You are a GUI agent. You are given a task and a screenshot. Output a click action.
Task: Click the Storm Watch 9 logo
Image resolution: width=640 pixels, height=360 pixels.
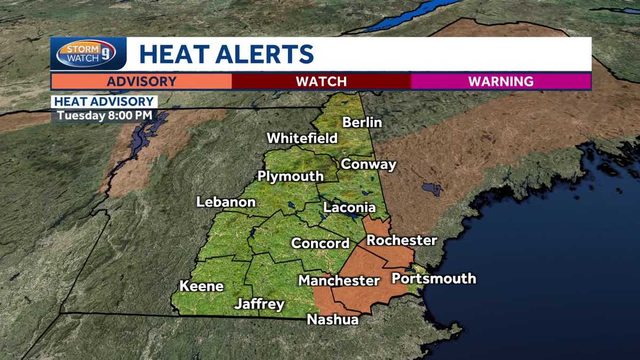click(86, 54)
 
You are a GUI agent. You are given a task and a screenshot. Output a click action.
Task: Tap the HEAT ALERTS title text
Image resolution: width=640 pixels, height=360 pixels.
click(226, 54)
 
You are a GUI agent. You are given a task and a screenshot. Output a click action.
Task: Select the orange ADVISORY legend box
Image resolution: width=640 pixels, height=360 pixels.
click(141, 82)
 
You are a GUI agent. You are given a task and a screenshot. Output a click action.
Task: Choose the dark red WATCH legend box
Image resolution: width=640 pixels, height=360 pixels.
click(321, 82)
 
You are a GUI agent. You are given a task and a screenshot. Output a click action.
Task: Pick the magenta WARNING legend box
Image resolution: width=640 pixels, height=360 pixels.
click(501, 82)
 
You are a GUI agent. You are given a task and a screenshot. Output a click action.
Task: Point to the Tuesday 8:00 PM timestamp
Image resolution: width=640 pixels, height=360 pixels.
click(105, 115)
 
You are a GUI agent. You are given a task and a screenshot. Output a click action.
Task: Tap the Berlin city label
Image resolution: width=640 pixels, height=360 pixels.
click(362, 123)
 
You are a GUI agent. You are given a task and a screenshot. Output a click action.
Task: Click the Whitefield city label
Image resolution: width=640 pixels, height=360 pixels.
click(302, 138)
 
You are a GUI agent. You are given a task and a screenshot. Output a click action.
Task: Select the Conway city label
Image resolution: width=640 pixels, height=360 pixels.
click(369, 164)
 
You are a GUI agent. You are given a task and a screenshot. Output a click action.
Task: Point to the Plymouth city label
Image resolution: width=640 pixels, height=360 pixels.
click(290, 177)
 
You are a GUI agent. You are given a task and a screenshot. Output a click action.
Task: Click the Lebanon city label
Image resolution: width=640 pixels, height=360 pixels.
click(226, 203)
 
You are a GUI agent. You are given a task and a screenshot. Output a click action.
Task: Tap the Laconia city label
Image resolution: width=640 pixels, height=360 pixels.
click(349, 208)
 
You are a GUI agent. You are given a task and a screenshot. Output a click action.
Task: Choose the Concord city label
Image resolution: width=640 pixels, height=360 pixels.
click(320, 244)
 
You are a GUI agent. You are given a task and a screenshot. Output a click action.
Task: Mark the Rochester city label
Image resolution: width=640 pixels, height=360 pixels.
click(402, 241)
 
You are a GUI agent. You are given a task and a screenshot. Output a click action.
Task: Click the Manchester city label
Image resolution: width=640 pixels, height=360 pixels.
click(339, 281)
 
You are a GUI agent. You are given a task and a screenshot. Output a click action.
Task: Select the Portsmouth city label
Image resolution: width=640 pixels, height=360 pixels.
click(434, 278)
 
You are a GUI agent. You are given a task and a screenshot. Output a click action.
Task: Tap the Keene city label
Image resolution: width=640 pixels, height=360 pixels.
click(201, 286)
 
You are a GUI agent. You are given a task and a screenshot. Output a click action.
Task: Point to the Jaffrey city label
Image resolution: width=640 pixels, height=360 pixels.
click(259, 305)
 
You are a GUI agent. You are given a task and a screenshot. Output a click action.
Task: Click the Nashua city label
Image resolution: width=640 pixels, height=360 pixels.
click(332, 319)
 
